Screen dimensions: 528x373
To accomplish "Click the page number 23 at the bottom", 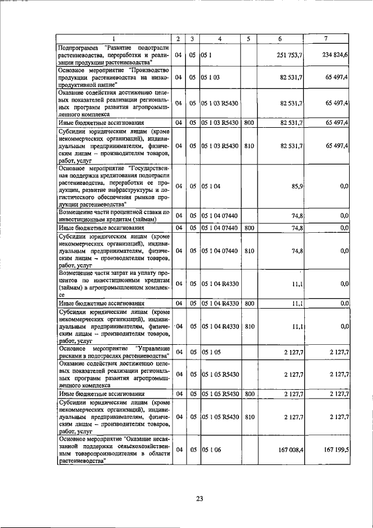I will point(199,499).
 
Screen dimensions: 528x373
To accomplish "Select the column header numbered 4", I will point(219,39).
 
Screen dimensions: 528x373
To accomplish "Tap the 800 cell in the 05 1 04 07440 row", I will point(249,228).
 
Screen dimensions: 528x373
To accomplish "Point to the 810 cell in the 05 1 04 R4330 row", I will point(249,326).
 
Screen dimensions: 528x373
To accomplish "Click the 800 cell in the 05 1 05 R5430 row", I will point(249,394).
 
